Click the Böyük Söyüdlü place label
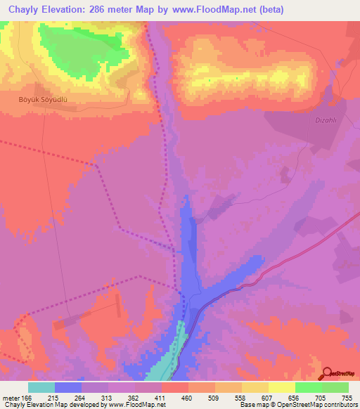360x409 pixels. tap(42, 100)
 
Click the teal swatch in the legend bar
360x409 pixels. tap(41, 387)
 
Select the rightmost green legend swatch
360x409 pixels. tap(335, 387)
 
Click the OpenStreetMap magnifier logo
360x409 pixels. tap(328, 372)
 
